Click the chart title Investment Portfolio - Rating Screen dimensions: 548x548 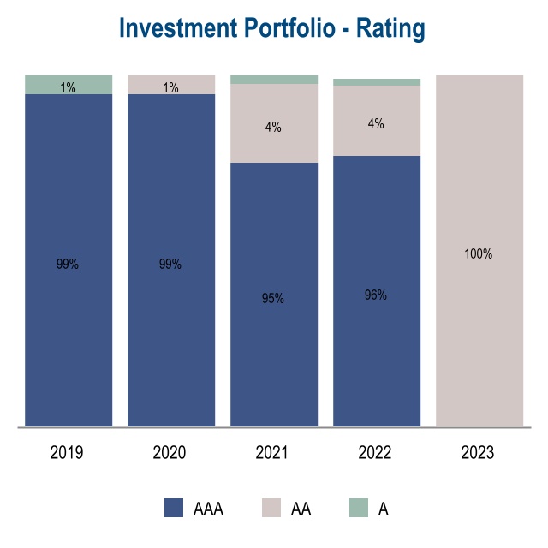[x=272, y=27]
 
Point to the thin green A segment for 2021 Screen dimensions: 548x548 [x=274, y=80]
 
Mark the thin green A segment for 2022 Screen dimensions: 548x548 [x=377, y=82]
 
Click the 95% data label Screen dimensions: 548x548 [x=273, y=299]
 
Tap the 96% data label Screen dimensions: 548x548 [x=376, y=295]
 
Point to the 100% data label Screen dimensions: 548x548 [x=479, y=254]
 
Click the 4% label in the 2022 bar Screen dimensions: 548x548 [x=376, y=124]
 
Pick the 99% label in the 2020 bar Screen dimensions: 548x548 [x=170, y=265]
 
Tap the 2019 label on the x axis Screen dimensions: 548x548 [x=67, y=453]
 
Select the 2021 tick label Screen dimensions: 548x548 [x=272, y=453]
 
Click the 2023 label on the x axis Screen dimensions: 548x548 [x=478, y=453]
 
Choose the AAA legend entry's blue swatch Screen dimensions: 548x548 [x=174, y=509]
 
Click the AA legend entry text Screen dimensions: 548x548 [x=301, y=509]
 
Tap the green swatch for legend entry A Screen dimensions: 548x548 [x=359, y=509]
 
